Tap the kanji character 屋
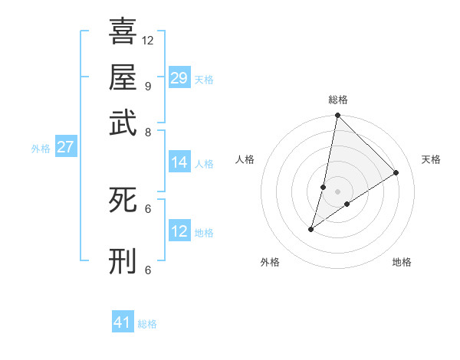point(123,77)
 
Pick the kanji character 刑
point(123,260)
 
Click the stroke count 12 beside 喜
point(148,40)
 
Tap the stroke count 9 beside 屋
point(147,86)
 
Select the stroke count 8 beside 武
point(147,132)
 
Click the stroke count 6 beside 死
point(147,208)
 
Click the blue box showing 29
point(179,77)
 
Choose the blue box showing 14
point(179,162)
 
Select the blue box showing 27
point(65,147)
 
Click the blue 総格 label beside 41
point(147,324)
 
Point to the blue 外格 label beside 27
point(41,149)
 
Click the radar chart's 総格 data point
point(337,116)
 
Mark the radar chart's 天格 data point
point(396,172)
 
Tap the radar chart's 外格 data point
point(311,228)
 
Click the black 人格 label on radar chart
point(245,159)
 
